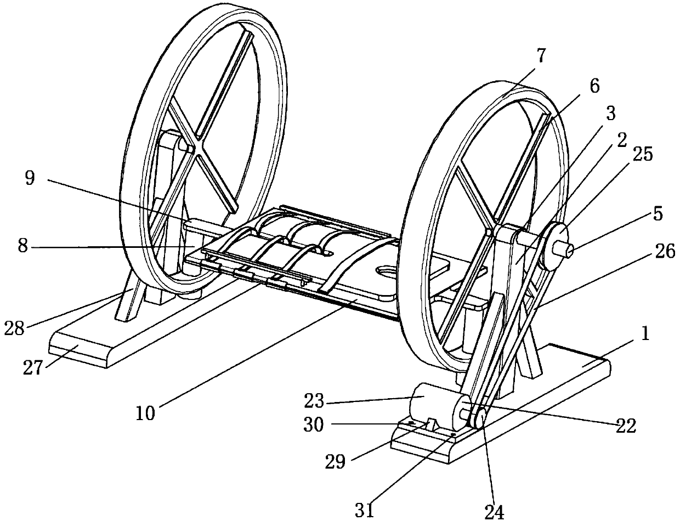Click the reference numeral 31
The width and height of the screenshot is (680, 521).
click(365, 510)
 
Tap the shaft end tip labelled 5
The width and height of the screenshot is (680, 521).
click(569, 251)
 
